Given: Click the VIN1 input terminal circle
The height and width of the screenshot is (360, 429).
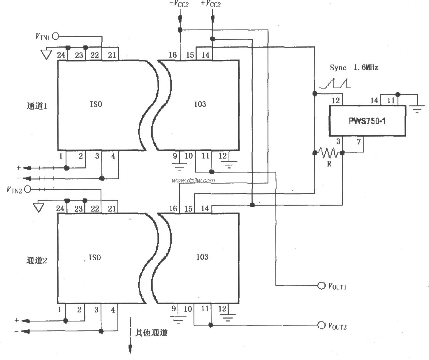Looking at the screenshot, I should click(55, 36).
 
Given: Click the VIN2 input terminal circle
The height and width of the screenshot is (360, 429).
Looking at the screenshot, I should click(28, 189).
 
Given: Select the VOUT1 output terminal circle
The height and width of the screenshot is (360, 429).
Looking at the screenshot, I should click(321, 286).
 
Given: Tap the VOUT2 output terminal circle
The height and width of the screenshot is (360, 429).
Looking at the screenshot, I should click(321, 325).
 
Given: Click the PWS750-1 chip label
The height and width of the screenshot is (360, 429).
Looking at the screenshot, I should click(367, 121).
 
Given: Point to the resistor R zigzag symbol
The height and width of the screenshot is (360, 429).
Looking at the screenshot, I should click(328, 153).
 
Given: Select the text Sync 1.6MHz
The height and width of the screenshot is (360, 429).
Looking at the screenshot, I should click(354, 68).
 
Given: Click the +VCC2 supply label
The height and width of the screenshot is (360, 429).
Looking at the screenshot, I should click(211, 4).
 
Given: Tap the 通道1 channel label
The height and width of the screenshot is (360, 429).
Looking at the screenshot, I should click(37, 106).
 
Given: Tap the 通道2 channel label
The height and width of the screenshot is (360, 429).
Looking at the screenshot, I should click(37, 260).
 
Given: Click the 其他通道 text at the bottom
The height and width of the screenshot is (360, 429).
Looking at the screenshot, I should click(151, 333).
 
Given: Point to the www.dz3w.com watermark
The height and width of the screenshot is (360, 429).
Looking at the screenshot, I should click(193, 180).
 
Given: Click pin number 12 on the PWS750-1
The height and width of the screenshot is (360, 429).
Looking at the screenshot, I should click(336, 101).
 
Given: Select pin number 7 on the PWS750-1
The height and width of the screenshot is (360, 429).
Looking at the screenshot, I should click(359, 142).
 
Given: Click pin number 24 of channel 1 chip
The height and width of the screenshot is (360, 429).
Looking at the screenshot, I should click(61, 55).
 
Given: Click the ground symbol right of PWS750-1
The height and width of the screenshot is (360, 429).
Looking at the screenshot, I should click(417, 109).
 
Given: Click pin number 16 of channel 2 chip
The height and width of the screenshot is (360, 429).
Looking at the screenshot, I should click(173, 208).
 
